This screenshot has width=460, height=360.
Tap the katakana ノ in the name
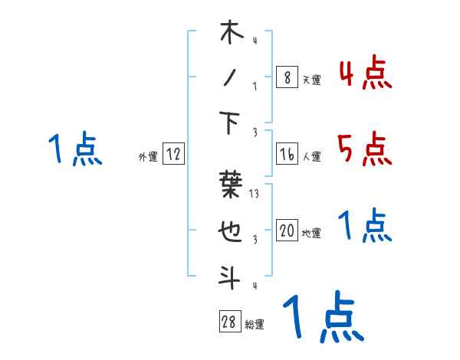231,78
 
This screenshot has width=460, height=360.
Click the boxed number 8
287,77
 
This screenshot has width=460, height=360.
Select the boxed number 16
287,155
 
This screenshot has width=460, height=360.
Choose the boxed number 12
173,155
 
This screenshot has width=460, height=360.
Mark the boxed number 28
229,322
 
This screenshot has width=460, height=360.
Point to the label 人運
311,157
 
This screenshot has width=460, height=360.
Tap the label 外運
147,157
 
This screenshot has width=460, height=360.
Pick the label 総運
254,325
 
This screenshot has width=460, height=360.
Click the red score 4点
365,74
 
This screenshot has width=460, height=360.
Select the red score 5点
365,149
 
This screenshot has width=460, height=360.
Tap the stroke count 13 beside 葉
255,195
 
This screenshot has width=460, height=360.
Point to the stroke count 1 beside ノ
255,87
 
